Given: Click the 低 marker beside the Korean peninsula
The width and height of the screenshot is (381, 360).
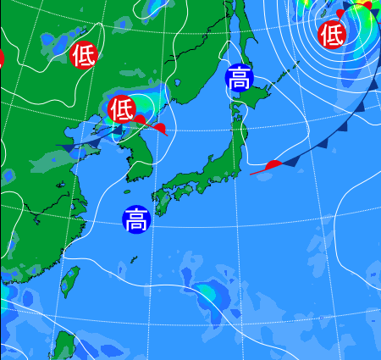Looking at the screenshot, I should [x=121, y=108].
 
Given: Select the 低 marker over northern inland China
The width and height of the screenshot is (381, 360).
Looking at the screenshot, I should [x=83, y=55].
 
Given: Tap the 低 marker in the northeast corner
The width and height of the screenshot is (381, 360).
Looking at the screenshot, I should [x=331, y=35].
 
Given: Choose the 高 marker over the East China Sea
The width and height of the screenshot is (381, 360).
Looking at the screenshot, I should [x=135, y=220].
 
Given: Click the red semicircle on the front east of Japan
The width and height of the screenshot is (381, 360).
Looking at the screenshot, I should [x=273, y=163].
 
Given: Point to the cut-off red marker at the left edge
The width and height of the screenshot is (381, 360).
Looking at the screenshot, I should [x=1, y=58].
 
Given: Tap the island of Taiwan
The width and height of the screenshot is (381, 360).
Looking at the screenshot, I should [x=69, y=282].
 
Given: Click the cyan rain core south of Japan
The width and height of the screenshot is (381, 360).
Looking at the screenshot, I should [x=207, y=294].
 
